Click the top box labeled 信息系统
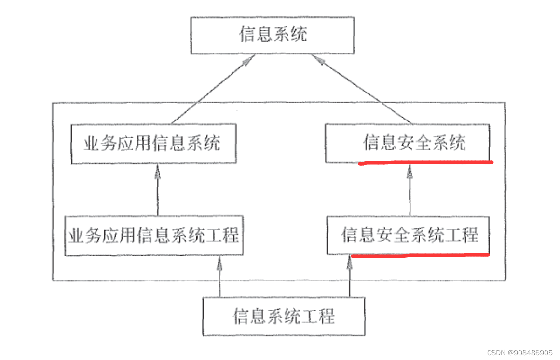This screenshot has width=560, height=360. [273, 35]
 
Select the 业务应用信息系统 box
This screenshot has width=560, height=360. [153, 144]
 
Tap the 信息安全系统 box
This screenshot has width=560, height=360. [408, 143]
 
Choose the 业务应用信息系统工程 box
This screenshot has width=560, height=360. [154, 236]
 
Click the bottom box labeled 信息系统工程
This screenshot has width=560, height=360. [284, 317]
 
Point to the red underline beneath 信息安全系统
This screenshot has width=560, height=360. [425, 163]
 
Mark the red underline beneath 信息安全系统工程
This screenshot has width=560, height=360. [420, 255]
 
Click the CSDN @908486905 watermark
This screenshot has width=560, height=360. [519, 352]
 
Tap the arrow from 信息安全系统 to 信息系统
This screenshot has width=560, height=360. [362, 89]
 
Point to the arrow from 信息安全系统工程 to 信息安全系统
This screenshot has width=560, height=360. [410, 190]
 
